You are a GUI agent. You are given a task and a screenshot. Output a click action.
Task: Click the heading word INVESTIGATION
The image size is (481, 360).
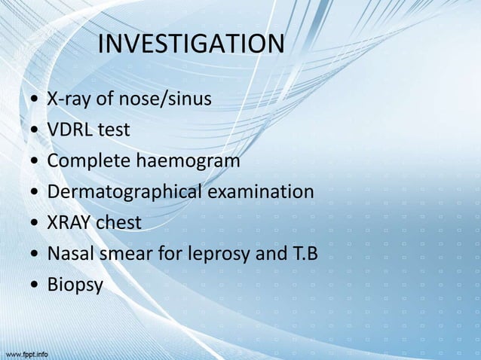pyautogui.click(x=191, y=44)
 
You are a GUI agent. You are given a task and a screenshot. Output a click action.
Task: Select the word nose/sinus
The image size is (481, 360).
pyautogui.click(x=167, y=99)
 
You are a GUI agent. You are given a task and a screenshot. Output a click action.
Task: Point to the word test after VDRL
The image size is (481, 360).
pyautogui.click(x=114, y=130)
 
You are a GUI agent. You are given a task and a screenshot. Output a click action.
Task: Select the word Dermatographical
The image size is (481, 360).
pyautogui.click(x=124, y=192)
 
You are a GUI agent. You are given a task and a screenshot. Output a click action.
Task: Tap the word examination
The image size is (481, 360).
pyautogui.click(x=260, y=192)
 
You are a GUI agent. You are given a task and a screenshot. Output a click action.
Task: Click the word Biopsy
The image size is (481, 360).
pyautogui.click(x=75, y=286)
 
